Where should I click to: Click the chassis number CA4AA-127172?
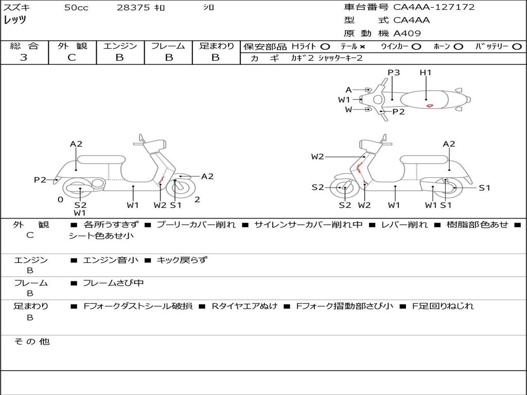(434, 7)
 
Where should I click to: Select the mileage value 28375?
(134, 8)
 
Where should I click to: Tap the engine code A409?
(407, 33)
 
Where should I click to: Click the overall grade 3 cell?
(24, 58)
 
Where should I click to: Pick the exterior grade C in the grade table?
(72, 58)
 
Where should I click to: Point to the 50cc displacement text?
(76, 8)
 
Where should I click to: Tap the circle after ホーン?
(458, 46)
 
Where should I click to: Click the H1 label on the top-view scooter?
(426, 73)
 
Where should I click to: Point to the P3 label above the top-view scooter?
(394, 73)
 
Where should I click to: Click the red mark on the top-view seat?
(429, 105)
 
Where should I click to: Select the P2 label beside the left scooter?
(40, 179)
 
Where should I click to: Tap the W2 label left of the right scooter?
(318, 156)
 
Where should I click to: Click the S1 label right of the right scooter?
(485, 188)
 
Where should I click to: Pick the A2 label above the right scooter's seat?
(449, 144)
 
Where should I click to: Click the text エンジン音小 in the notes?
(111, 260)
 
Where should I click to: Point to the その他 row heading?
(32, 342)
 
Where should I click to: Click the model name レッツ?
(15, 21)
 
